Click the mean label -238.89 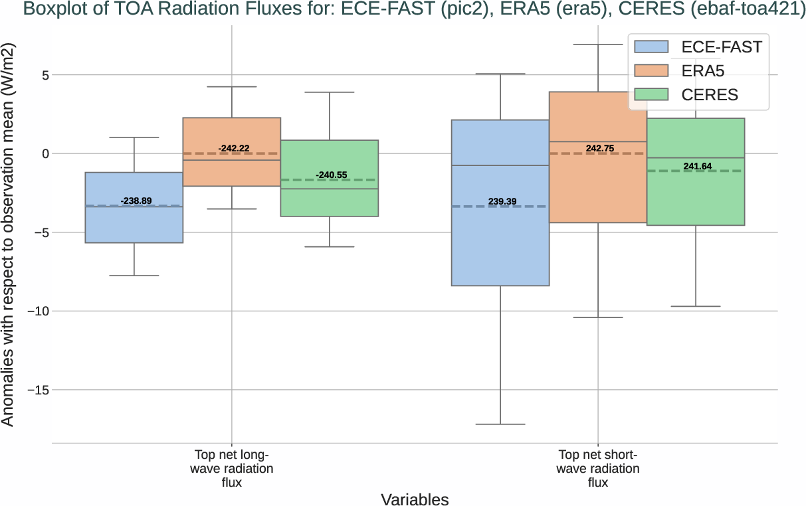136,201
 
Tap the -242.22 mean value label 234,147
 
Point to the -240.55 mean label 332,175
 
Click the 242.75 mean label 600,148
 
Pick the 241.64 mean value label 698,166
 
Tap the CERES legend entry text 710,94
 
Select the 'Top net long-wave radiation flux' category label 232,469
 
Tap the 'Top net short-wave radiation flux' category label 598,469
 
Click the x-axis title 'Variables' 415,499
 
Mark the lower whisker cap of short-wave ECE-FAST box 500,424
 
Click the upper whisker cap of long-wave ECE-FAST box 134,137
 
